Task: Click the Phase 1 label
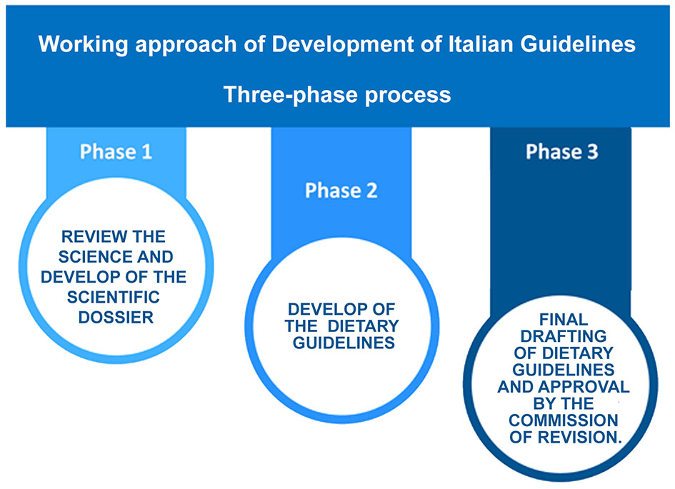(116, 152)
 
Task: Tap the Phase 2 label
(341, 191)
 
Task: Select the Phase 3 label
(561, 152)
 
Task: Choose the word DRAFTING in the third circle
(563, 337)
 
